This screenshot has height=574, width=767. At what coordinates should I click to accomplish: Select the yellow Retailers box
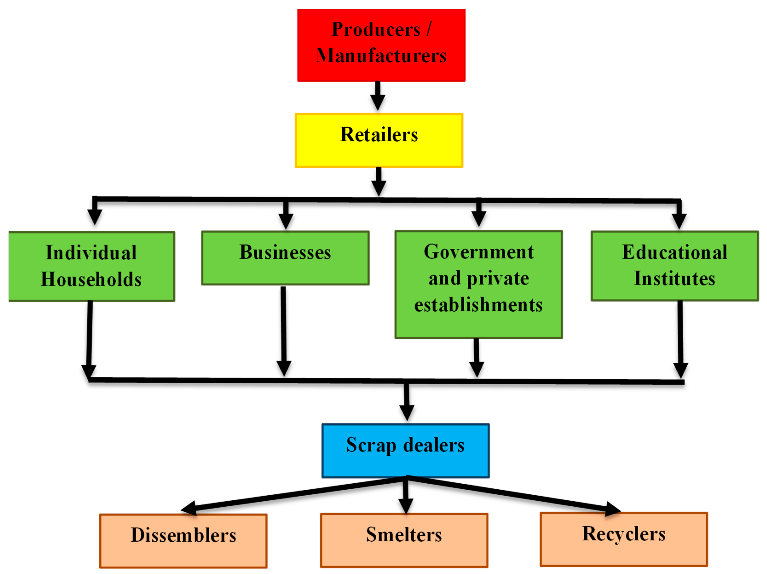379,140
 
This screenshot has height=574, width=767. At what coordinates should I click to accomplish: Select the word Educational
675,252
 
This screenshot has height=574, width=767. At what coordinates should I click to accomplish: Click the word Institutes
675,278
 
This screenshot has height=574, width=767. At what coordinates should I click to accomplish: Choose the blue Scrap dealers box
405,451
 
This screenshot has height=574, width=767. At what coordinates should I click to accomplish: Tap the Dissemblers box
183,541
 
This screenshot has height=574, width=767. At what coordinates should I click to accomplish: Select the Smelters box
404,540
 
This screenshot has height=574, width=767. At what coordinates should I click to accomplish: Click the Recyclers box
623,539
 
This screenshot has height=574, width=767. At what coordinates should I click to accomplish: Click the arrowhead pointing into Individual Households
94,217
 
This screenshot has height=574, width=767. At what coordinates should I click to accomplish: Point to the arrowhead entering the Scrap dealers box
407,413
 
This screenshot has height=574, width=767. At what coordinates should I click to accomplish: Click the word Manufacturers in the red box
381,55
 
